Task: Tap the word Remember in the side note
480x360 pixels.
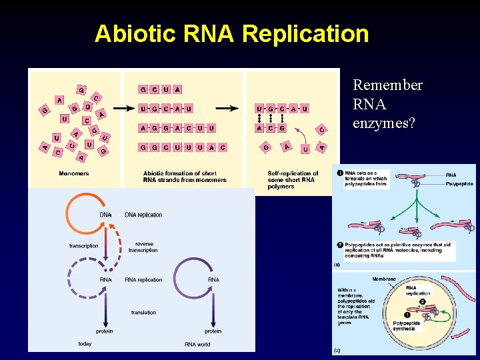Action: click(x=387, y=85)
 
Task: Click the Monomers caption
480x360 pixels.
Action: click(x=74, y=173)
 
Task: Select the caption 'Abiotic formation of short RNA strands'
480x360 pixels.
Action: click(x=185, y=177)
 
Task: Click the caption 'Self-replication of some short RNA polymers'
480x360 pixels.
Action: click(x=293, y=180)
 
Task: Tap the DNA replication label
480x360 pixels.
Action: click(x=143, y=215)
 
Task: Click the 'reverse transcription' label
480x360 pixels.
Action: click(x=143, y=247)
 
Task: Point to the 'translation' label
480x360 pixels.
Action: click(x=143, y=312)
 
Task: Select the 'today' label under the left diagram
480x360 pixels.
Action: click(x=85, y=344)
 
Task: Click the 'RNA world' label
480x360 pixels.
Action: click(x=197, y=344)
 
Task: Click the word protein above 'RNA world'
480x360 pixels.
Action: click(x=213, y=331)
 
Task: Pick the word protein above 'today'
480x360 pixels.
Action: click(x=105, y=331)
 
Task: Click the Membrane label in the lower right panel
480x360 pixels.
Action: click(x=384, y=279)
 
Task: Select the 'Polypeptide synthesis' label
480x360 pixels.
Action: click(x=407, y=326)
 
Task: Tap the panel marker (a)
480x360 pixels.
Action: click(x=337, y=265)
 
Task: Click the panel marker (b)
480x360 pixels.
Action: click(x=337, y=350)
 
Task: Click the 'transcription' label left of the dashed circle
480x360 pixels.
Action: click(x=83, y=246)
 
